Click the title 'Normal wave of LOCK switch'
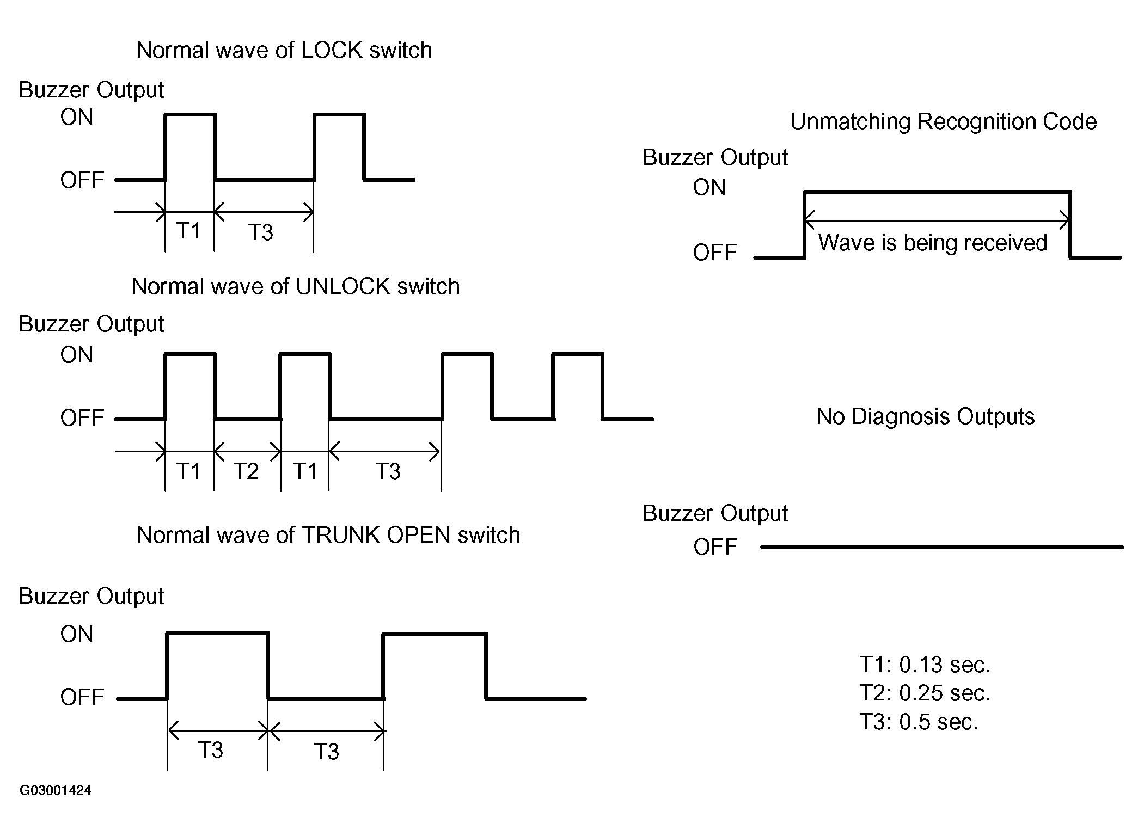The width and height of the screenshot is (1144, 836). tap(284, 50)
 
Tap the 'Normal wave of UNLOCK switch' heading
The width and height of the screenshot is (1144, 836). tap(296, 286)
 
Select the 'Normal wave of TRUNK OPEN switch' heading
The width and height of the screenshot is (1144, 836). tap(328, 535)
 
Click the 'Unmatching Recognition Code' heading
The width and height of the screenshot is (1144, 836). tap(943, 122)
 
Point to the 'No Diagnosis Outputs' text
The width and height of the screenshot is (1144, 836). tap(925, 417)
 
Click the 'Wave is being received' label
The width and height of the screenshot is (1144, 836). tap(932, 243)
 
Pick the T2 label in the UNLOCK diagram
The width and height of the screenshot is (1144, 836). tap(246, 471)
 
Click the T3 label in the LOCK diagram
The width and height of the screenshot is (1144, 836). tap(260, 233)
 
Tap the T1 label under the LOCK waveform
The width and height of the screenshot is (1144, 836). tap(188, 231)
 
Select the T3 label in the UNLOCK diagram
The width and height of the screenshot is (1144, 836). tap(388, 471)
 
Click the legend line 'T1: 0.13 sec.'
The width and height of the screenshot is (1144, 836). tap(925, 665)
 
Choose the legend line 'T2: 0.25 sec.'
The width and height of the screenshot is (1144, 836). tap(925, 693)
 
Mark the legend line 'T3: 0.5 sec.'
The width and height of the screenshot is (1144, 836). tap(919, 722)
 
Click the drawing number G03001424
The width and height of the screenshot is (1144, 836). tap(56, 790)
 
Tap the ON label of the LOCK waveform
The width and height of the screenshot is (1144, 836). tap(77, 118)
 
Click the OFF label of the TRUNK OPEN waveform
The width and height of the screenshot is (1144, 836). tap(82, 697)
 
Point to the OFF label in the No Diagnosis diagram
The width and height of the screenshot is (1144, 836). tap(715, 547)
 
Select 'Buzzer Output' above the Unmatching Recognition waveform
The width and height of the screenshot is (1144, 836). tap(715, 158)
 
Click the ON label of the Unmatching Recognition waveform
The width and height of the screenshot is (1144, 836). tap(709, 188)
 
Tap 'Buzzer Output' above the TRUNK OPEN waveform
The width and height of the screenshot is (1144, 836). tap(91, 597)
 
